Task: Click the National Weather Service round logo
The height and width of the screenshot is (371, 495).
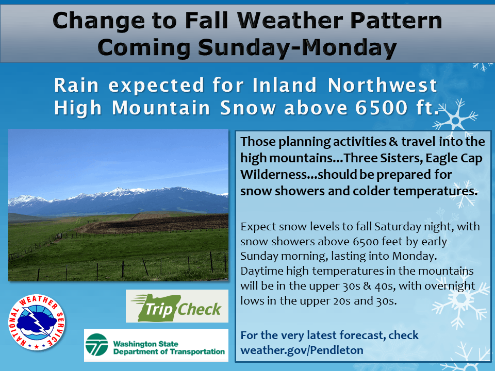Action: pyautogui.click(x=37, y=323)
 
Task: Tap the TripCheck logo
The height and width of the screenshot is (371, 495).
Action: pyautogui.click(x=177, y=306)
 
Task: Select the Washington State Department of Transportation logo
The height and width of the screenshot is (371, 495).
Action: pyautogui.click(x=156, y=345)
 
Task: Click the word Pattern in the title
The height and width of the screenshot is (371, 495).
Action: pyautogui.click(x=396, y=21)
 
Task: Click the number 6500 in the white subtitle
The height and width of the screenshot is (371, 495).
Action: pyautogui.click(x=382, y=108)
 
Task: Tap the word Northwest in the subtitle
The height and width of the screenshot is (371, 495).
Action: pyautogui.click(x=382, y=85)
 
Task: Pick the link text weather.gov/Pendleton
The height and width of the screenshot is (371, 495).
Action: pyautogui.click(x=302, y=350)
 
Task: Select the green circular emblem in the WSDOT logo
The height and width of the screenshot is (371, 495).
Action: pyautogui.click(x=97, y=345)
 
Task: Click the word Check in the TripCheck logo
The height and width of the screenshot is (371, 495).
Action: pyautogui.click(x=199, y=309)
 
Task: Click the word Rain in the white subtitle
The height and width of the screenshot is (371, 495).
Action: pyautogui.click(x=76, y=85)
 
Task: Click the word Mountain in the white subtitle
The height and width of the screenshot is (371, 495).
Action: pyautogui.click(x=161, y=108)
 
